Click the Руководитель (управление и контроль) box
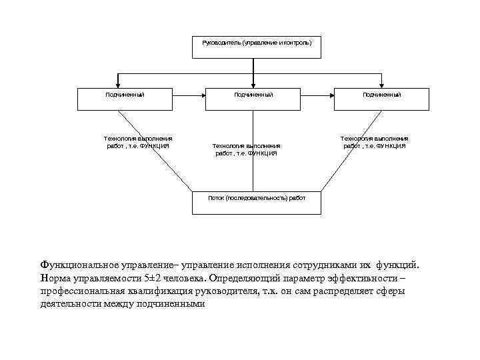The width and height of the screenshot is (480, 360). click(257, 47)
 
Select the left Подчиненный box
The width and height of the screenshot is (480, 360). click(125, 99)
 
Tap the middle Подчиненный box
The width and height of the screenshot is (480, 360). click(253, 99)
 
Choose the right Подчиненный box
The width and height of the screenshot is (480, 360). click(381, 99)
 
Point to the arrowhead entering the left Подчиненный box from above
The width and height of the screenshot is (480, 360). click(118, 85)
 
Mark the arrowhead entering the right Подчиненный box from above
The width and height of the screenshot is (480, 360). click(381, 85)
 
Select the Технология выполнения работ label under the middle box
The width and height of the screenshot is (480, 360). click(245, 149)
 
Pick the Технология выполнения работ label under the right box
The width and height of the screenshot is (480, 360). click(375, 141)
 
